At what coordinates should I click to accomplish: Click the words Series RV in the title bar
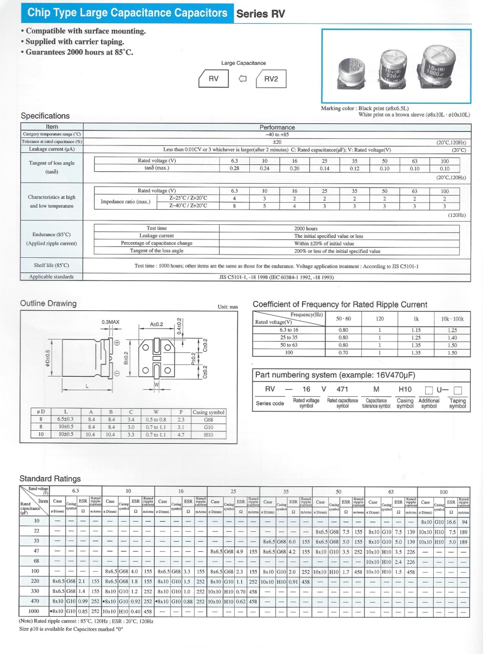coord(261,14)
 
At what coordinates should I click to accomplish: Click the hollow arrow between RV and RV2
coord(243,80)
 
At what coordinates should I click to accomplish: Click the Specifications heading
coord(45,116)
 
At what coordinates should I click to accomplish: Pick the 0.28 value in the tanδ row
coord(234,168)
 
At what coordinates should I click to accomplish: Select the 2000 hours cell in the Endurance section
coord(305,229)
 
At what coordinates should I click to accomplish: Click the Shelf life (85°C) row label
coord(51,265)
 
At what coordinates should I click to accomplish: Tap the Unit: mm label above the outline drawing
coord(228,307)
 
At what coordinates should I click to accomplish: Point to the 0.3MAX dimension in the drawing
coord(110,323)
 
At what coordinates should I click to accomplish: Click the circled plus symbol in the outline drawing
coord(117,342)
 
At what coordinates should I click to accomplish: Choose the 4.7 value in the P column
coord(181,433)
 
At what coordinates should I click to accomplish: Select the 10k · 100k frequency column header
coord(452,319)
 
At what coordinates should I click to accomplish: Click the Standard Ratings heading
coord(50,478)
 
